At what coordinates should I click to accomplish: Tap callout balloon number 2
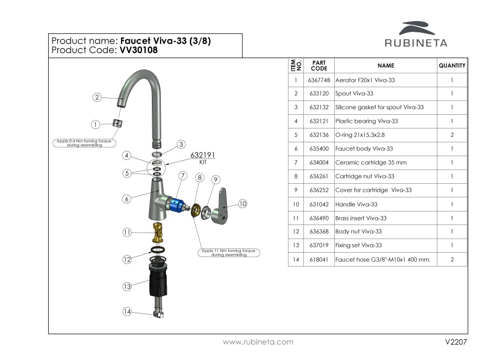point(97,97)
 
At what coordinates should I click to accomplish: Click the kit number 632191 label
point(203,156)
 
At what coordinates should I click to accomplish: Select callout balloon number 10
point(242,204)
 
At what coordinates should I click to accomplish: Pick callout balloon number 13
point(127,287)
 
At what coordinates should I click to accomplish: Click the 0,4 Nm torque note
point(85,143)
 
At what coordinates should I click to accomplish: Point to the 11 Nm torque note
point(229,253)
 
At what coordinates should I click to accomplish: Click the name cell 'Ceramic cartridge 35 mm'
point(371,163)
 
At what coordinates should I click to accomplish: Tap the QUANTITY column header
point(452,66)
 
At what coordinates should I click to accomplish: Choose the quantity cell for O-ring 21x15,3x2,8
point(452,135)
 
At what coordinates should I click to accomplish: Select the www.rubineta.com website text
point(258,342)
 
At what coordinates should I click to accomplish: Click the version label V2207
point(456,343)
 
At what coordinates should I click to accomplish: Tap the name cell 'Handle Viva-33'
point(356,204)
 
